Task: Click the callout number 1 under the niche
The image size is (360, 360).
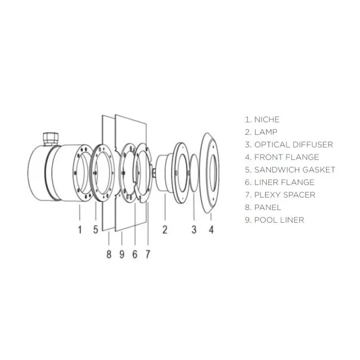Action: [x=80, y=230]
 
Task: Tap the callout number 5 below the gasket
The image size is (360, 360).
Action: [x=96, y=230]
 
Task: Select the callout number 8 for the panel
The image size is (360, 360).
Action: [x=109, y=254]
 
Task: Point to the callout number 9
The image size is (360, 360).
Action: [x=122, y=254]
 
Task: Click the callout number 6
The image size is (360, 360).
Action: [x=135, y=254]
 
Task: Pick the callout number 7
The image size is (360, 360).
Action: [x=148, y=254]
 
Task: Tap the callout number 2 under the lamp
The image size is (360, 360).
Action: [x=165, y=230]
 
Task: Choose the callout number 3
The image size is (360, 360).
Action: [x=194, y=230]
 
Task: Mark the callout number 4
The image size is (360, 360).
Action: [x=211, y=230]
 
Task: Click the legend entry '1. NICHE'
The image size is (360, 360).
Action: [x=262, y=119]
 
